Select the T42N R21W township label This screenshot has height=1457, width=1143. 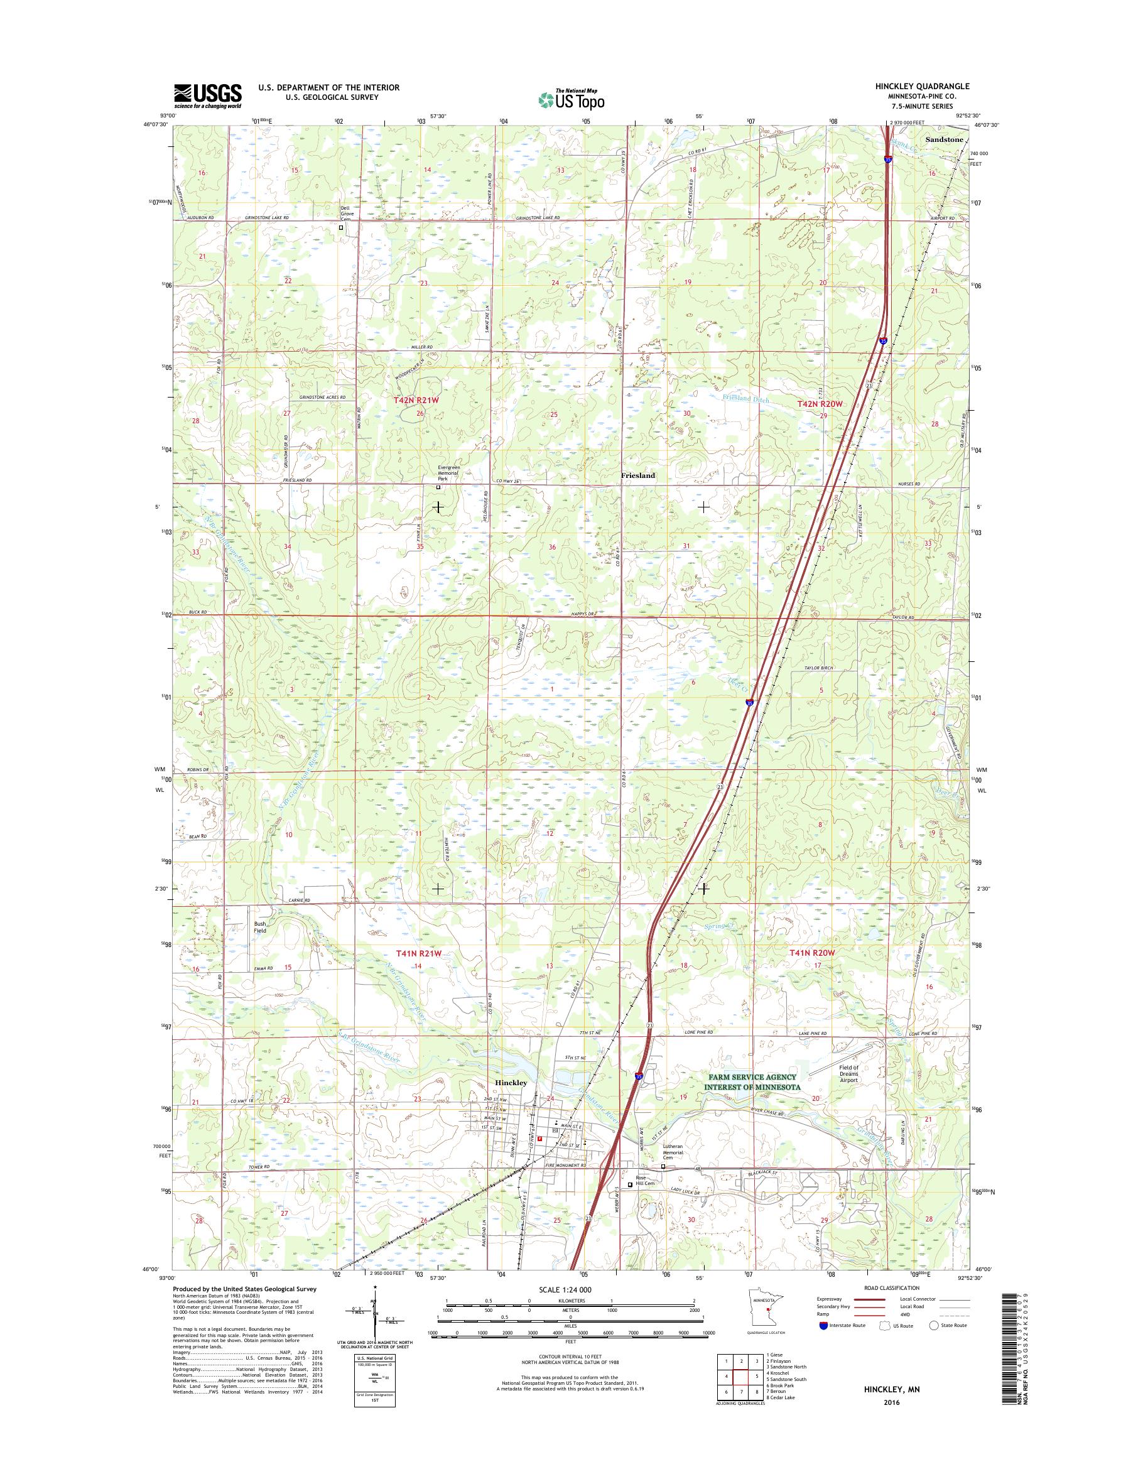(x=420, y=400)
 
